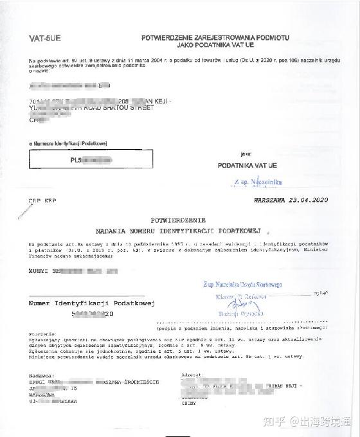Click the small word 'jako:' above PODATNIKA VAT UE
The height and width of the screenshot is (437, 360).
pyautogui.click(x=246, y=154)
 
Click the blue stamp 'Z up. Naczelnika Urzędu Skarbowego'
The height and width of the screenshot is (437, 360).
pyautogui.click(x=243, y=284)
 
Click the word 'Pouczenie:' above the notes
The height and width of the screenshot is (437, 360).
pyautogui.click(x=40, y=335)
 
